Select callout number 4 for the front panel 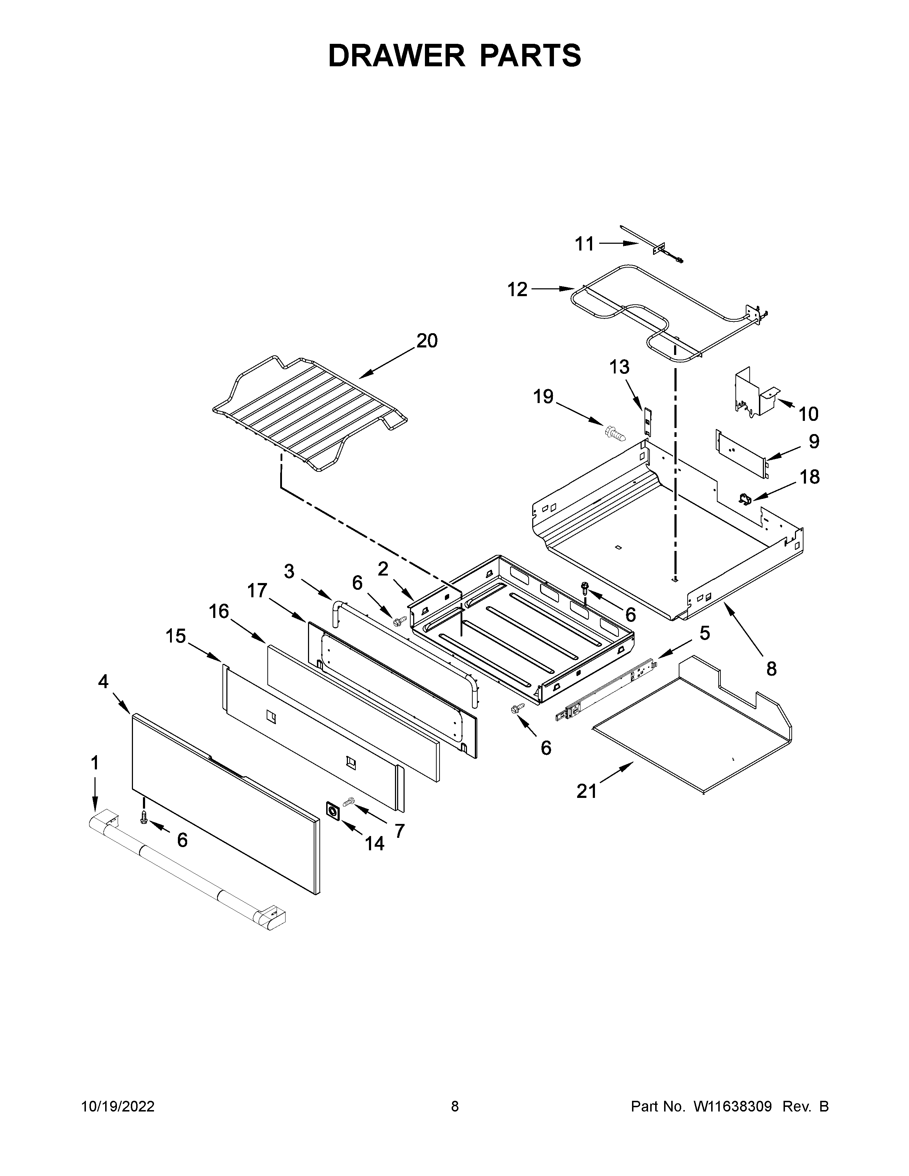103,682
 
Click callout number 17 257,591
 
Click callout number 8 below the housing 771,669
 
